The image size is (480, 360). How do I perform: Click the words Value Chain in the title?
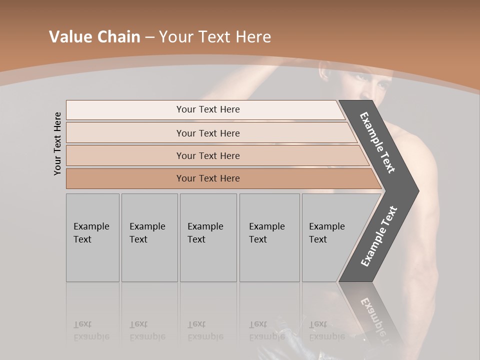[x=94, y=37]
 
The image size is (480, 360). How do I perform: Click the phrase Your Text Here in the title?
[x=215, y=37]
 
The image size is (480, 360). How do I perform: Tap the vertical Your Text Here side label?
[x=57, y=143]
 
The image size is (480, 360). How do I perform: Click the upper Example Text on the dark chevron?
[x=377, y=142]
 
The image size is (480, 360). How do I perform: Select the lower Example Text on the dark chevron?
[x=379, y=236]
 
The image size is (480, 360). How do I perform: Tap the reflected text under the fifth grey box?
[x=326, y=330]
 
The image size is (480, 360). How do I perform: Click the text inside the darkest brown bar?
[x=208, y=178]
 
